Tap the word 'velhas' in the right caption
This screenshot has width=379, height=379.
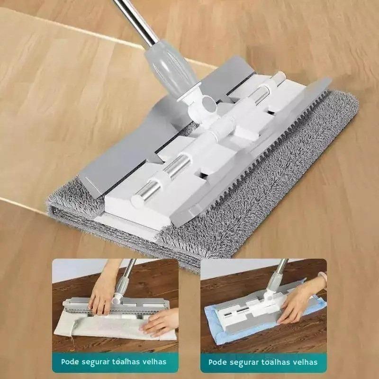pos(305,362)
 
